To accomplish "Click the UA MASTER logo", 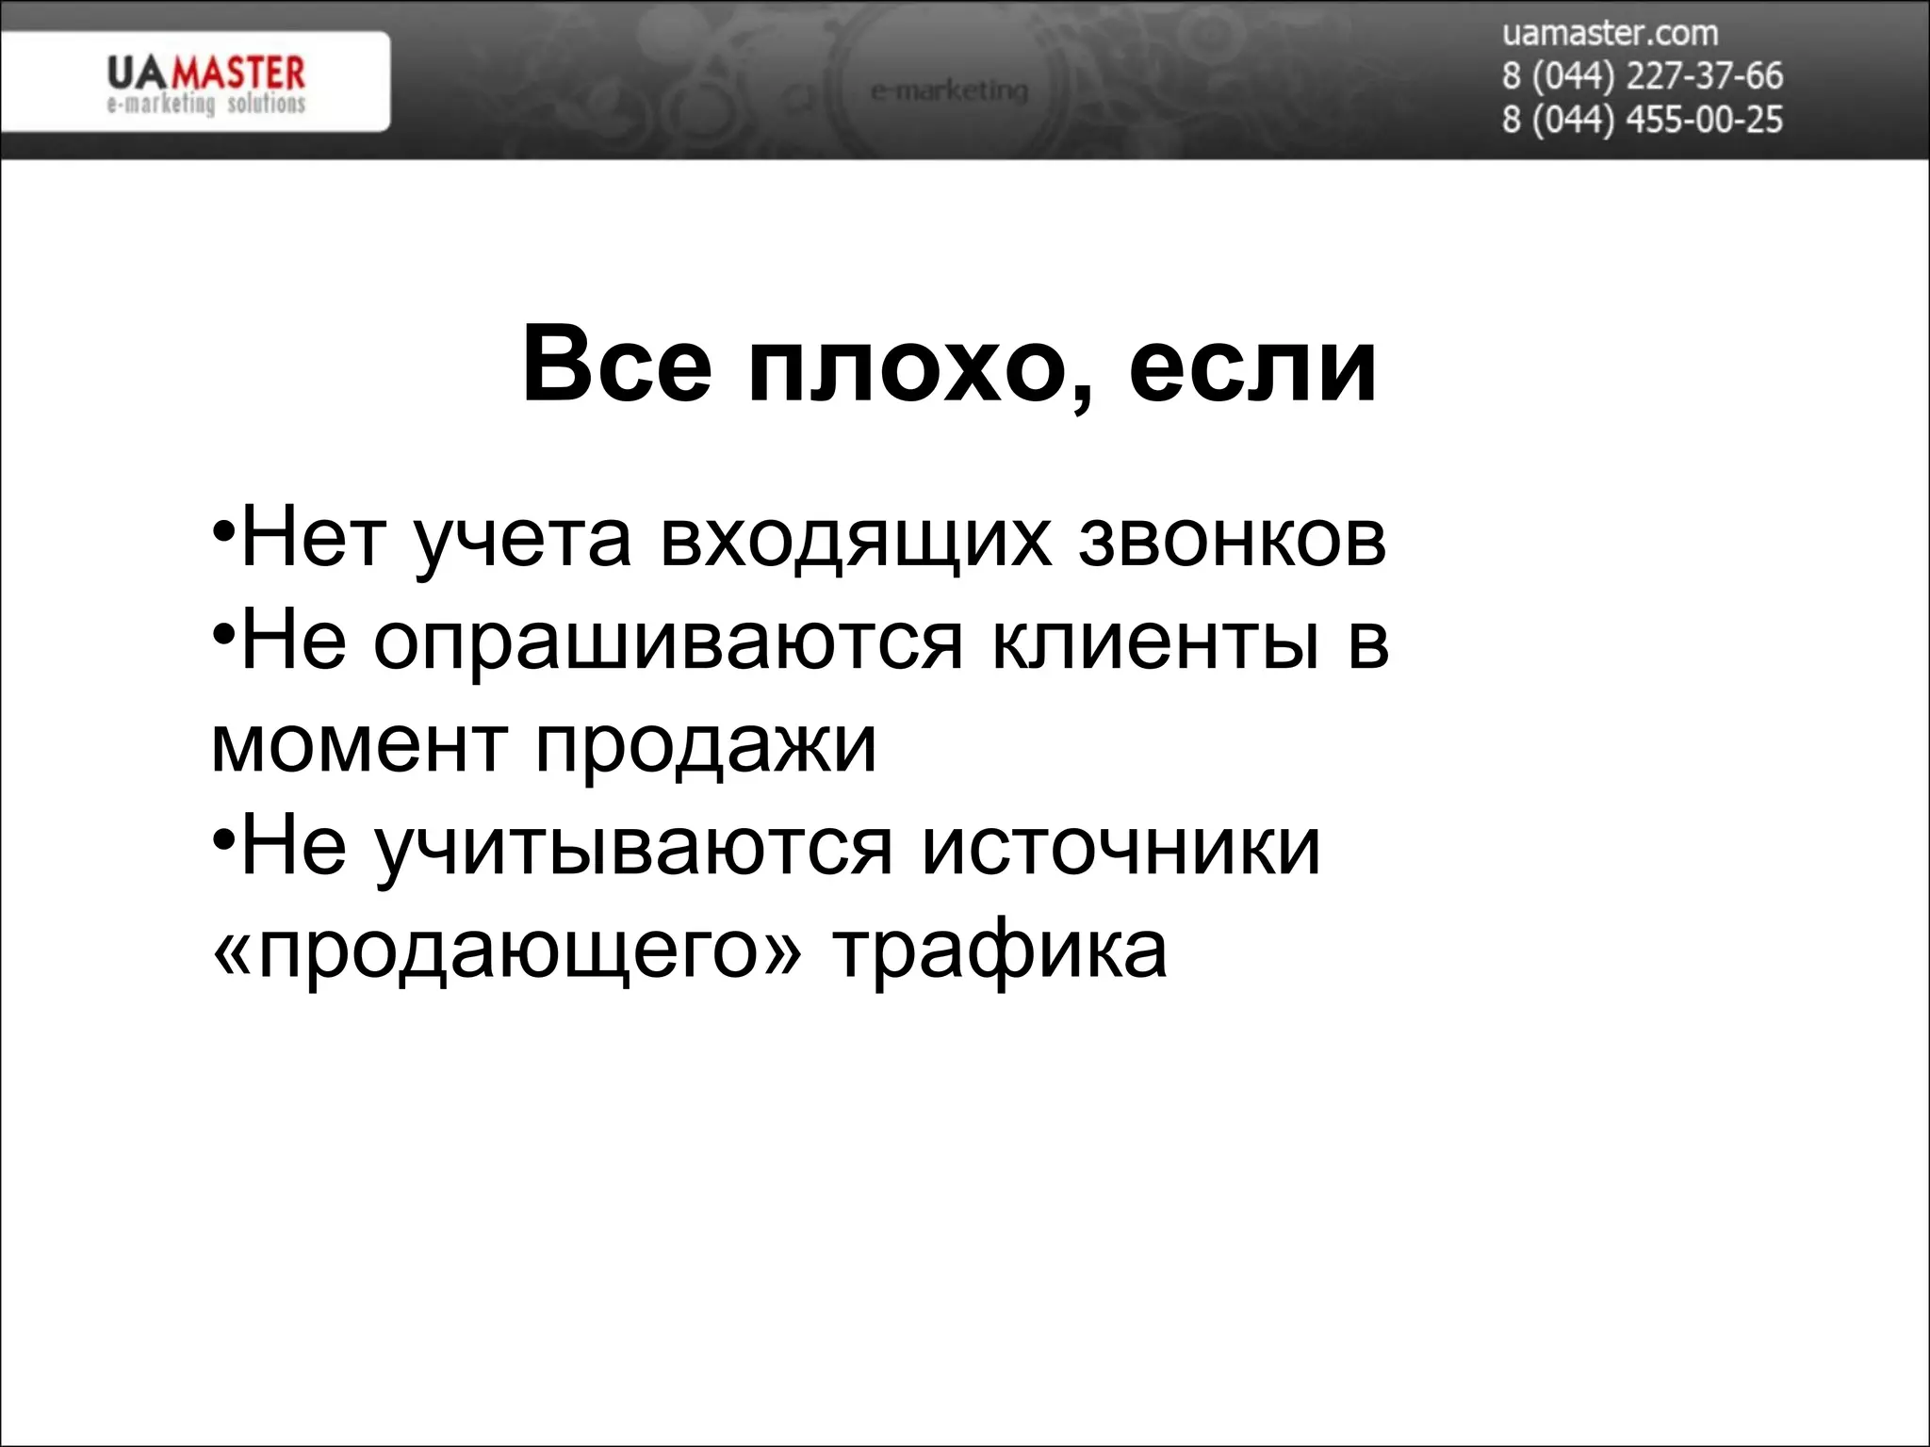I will [205, 83].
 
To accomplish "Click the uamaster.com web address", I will [1610, 34].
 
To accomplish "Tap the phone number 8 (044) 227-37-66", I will [1642, 76].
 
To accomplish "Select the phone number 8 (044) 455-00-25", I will [1642, 120].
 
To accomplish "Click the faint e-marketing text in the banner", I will [949, 90].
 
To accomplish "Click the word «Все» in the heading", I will [617, 366].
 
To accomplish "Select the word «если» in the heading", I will [1252, 366].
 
